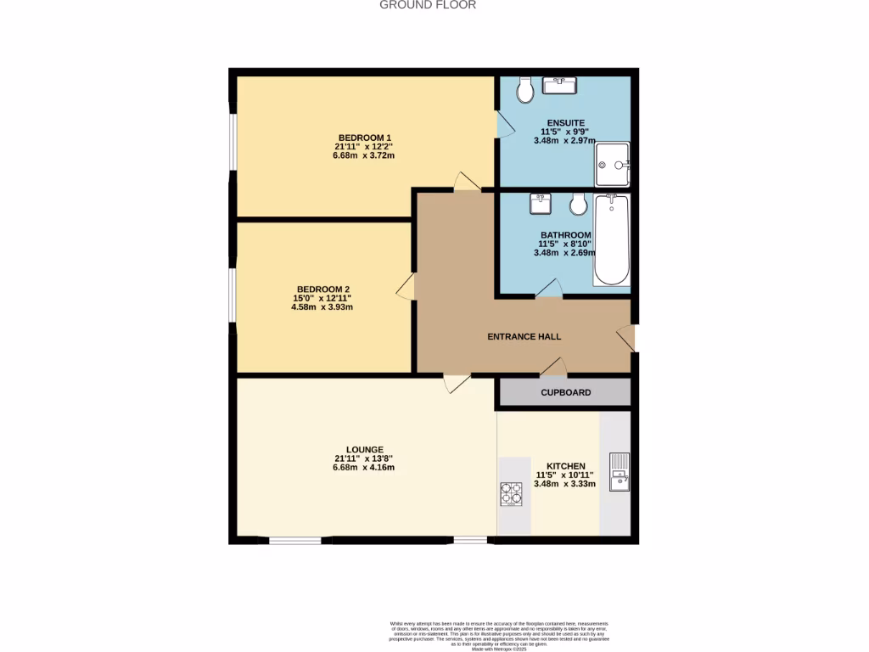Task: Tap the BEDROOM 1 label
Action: pyautogui.click(x=364, y=138)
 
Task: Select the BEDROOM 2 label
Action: pyautogui.click(x=322, y=289)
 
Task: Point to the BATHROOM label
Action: pyautogui.click(x=565, y=235)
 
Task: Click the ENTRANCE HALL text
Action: pyautogui.click(x=524, y=337)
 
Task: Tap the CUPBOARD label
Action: pyautogui.click(x=565, y=392)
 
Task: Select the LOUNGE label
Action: pyautogui.click(x=364, y=450)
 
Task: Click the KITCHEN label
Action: pyautogui.click(x=565, y=467)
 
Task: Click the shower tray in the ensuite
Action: pyautogui.click(x=612, y=164)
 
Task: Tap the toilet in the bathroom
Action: pyautogui.click(x=579, y=204)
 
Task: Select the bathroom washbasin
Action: pyautogui.click(x=541, y=204)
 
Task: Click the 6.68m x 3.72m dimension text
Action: pyautogui.click(x=364, y=156)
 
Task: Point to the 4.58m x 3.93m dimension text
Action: pyautogui.click(x=322, y=307)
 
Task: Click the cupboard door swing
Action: pyautogui.click(x=553, y=367)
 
